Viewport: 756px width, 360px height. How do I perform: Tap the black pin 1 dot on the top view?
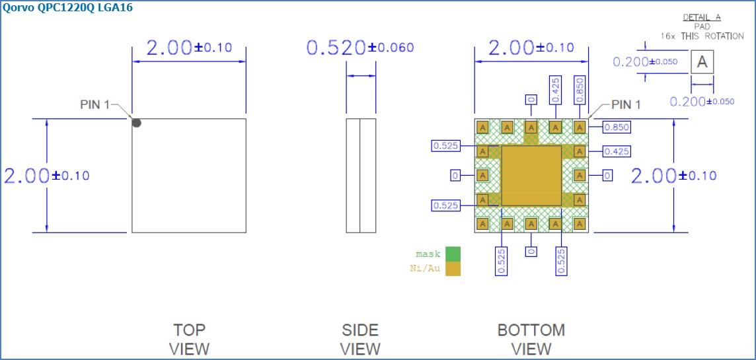tap(136, 122)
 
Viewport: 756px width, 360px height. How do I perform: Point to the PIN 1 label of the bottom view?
tap(625, 104)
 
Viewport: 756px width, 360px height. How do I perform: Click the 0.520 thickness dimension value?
tap(336, 48)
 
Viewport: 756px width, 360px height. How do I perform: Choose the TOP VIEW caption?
tap(189, 339)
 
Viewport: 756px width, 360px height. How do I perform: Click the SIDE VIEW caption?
tap(360, 339)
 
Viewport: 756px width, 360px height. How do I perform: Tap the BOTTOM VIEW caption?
tap(531, 339)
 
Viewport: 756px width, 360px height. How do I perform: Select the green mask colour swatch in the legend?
tap(453, 254)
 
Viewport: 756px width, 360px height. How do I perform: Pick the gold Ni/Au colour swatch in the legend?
tap(453, 269)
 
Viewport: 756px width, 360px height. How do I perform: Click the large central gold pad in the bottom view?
tap(531, 176)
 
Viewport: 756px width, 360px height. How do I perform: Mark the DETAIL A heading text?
tap(700, 17)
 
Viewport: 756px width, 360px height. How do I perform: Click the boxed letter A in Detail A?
tap(702, 62)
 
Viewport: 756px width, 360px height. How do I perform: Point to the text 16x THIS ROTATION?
tap(702, 36)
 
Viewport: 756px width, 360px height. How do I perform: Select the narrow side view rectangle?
tap(361, 176)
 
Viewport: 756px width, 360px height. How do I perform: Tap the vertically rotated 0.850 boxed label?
tap(580, 89)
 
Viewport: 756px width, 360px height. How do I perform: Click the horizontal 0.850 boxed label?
tap(617, 127)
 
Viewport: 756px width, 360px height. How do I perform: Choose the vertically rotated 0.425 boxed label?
tap(555, 89)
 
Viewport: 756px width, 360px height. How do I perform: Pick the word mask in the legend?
tap(428, 254)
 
